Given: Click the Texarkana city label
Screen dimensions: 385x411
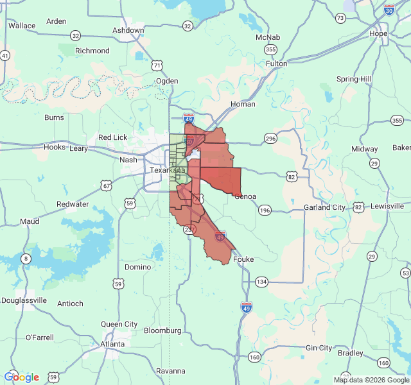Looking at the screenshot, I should point(167,170).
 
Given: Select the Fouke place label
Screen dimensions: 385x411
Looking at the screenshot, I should point(243,259).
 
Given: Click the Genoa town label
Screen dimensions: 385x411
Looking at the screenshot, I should point(246,196).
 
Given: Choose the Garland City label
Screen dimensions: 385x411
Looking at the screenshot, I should point(324,207).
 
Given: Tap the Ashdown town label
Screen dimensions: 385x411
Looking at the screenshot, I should point(128,30).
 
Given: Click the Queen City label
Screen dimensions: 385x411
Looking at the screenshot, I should point(119,324).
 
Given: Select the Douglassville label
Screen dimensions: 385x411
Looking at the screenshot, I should point(24,300).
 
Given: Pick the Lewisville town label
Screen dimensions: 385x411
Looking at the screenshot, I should point(387,206).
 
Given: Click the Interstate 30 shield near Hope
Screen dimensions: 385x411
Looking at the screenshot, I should point(389,10).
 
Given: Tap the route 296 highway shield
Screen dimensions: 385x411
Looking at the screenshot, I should point(270,139).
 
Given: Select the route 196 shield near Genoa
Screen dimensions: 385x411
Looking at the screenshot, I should point(265,210).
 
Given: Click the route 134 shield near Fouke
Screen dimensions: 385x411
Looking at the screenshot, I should point(261,282).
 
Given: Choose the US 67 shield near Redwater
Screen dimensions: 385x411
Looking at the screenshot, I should point(107,186).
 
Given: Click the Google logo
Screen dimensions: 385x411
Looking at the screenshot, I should point(21,377).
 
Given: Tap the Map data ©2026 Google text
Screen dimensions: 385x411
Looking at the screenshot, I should point(371,380).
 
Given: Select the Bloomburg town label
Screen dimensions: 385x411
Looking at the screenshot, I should point(162,330).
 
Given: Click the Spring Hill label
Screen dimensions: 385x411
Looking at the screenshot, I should point(354,79).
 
